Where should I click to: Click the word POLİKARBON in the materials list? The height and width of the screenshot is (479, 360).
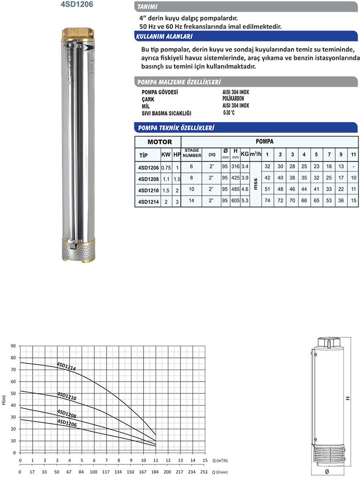[233, 98]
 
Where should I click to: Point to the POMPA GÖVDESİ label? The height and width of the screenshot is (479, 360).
[159, 92]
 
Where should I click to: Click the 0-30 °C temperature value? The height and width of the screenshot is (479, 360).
[229, 112]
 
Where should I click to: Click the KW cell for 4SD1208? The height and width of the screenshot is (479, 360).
[165, 179]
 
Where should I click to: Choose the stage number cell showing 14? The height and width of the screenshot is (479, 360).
[192, 200]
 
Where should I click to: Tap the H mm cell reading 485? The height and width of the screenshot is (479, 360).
[235, 188]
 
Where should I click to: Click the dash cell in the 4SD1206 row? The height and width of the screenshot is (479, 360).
[353, 166]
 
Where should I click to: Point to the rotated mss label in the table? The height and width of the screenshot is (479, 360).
[255, 184]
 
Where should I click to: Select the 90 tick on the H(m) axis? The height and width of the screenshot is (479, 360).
[14, 346]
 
